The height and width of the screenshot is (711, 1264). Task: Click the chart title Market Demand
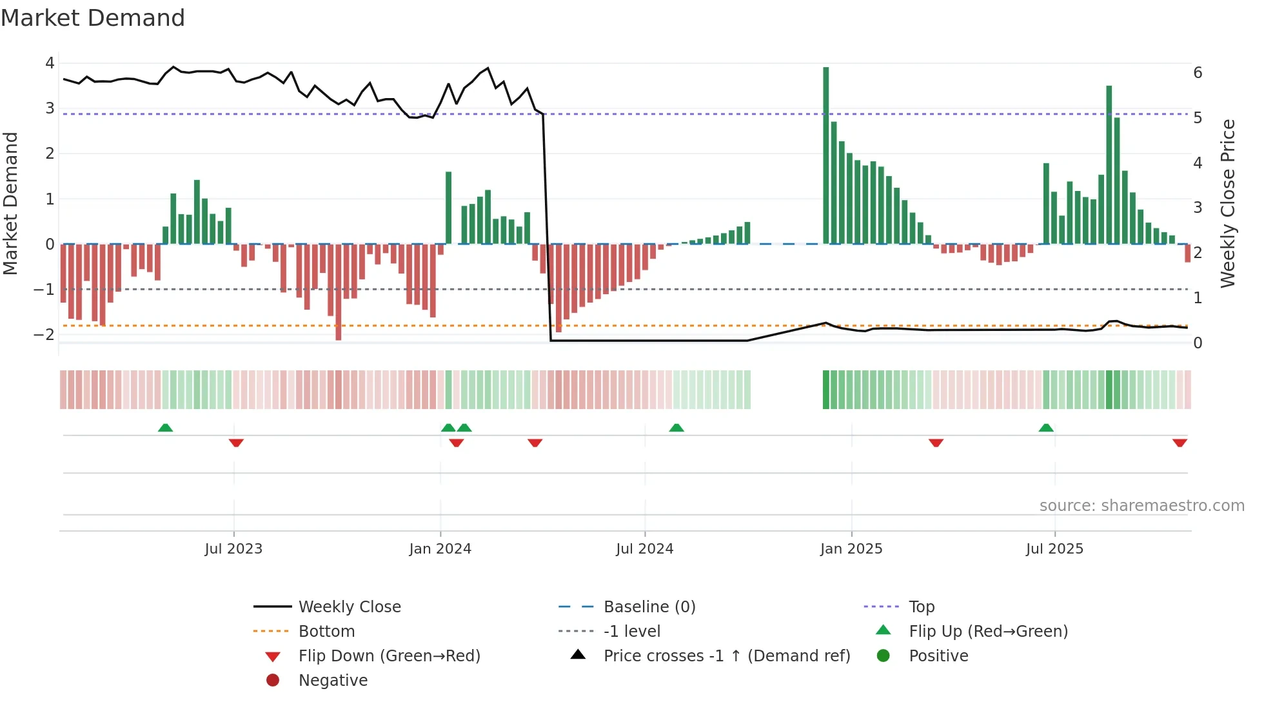[93, 18]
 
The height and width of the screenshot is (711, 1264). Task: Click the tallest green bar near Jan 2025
[825, 155]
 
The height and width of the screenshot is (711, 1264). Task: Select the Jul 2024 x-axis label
[644, 549]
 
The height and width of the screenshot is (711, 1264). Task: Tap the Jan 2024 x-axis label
[440, 549]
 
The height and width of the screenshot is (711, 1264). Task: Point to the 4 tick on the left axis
[50, 63]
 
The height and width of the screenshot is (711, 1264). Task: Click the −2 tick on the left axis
[44, 334]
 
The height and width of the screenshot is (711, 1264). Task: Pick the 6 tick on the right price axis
[1198, 72]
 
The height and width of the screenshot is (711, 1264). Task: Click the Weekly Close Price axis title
[1228, 203]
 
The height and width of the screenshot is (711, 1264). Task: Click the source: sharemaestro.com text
[1141, 505]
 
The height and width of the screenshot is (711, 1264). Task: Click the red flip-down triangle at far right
[1180, 443]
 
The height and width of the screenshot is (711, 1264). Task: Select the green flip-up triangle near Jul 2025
[1046, 428]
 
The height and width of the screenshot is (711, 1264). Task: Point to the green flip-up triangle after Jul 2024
[676, 428]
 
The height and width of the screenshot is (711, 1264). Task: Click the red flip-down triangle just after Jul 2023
[236, 443]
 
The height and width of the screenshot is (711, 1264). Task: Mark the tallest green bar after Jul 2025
[1109, 165]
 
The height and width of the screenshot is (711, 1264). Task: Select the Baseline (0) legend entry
[649, 606]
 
